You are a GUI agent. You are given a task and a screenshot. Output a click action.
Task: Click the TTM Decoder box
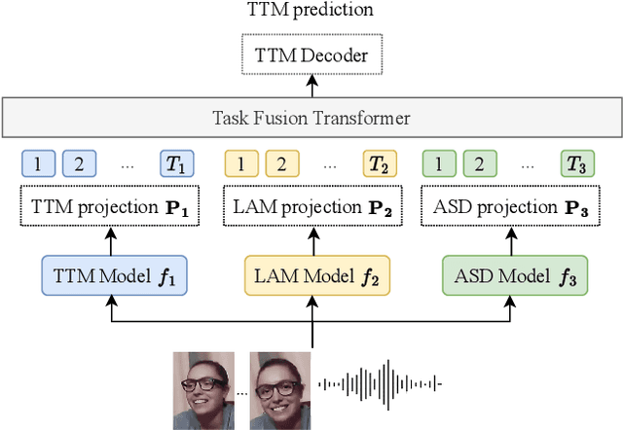[x=311, y=55]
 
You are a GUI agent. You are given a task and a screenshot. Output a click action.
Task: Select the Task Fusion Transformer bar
[x=311, y=119]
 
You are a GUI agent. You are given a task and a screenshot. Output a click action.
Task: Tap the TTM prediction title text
[x=311, y=12]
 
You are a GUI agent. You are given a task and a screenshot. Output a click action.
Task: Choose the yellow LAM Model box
[x=311, y=274]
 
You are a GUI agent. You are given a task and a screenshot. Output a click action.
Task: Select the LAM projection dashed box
[x=311, y=206]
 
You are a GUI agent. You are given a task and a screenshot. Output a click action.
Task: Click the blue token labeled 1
[x=38, y=162]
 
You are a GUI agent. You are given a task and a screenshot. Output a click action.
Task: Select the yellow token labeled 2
[x=277, y=162]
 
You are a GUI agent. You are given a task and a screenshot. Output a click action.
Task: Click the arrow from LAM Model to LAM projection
[x=311, y=240]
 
